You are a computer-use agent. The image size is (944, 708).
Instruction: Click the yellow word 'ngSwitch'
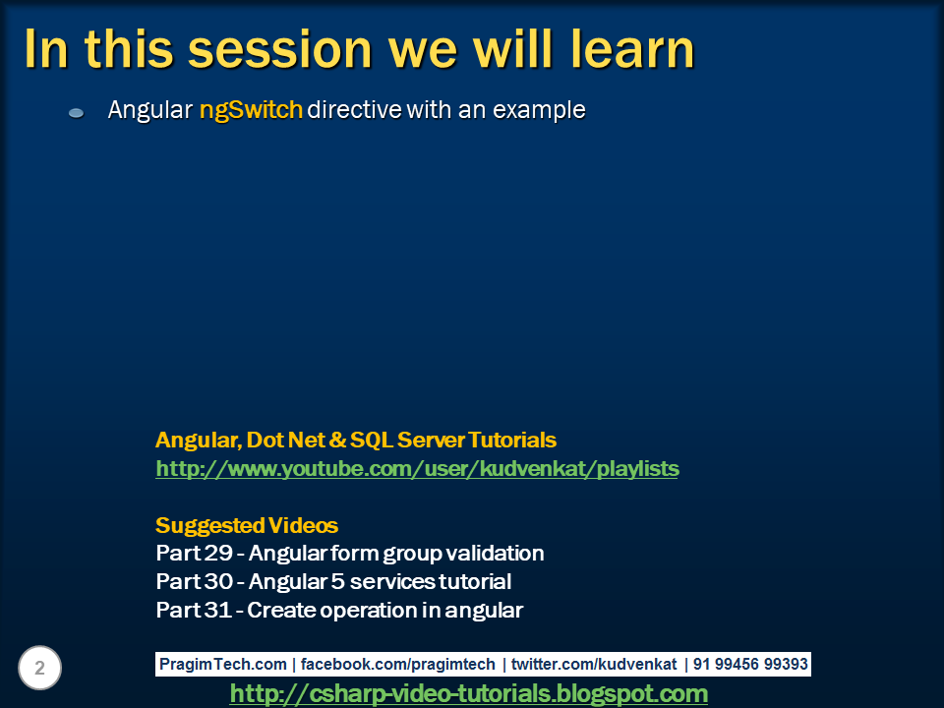[x=251, y=110]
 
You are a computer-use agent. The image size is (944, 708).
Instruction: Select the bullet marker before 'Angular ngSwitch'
[x=76, y=113]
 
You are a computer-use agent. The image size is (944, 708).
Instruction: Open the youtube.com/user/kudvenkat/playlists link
[x=417, y=469]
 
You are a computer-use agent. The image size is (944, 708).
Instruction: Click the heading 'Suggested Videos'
[x=247, y=525]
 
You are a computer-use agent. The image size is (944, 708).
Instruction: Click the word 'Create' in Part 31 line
[x=279, y=611]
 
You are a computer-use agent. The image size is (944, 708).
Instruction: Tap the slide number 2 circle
[x=40, y=669]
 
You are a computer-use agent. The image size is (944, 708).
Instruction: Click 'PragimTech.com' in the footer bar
[x=223, y=665]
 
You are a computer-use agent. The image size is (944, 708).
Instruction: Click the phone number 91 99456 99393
[x=750, y=665]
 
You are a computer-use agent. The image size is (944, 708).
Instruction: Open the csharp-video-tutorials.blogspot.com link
[x=468, y=694]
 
